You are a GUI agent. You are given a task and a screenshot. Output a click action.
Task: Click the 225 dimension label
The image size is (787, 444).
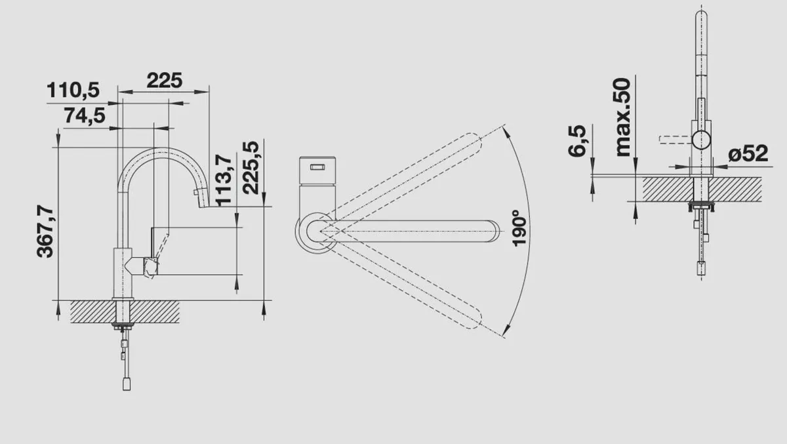[164, 81]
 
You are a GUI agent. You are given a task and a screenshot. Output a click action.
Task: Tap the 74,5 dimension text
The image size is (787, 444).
[85, 115]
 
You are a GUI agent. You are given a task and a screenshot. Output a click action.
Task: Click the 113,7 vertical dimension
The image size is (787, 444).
[224, 179]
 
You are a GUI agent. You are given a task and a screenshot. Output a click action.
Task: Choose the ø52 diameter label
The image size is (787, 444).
[748, 154]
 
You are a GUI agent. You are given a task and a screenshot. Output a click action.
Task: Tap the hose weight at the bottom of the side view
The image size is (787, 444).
[127, 382]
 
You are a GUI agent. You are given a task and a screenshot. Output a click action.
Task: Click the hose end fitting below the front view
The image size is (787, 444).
[702, 268]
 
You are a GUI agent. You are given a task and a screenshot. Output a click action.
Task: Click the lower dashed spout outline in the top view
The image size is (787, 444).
[407, 282]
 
